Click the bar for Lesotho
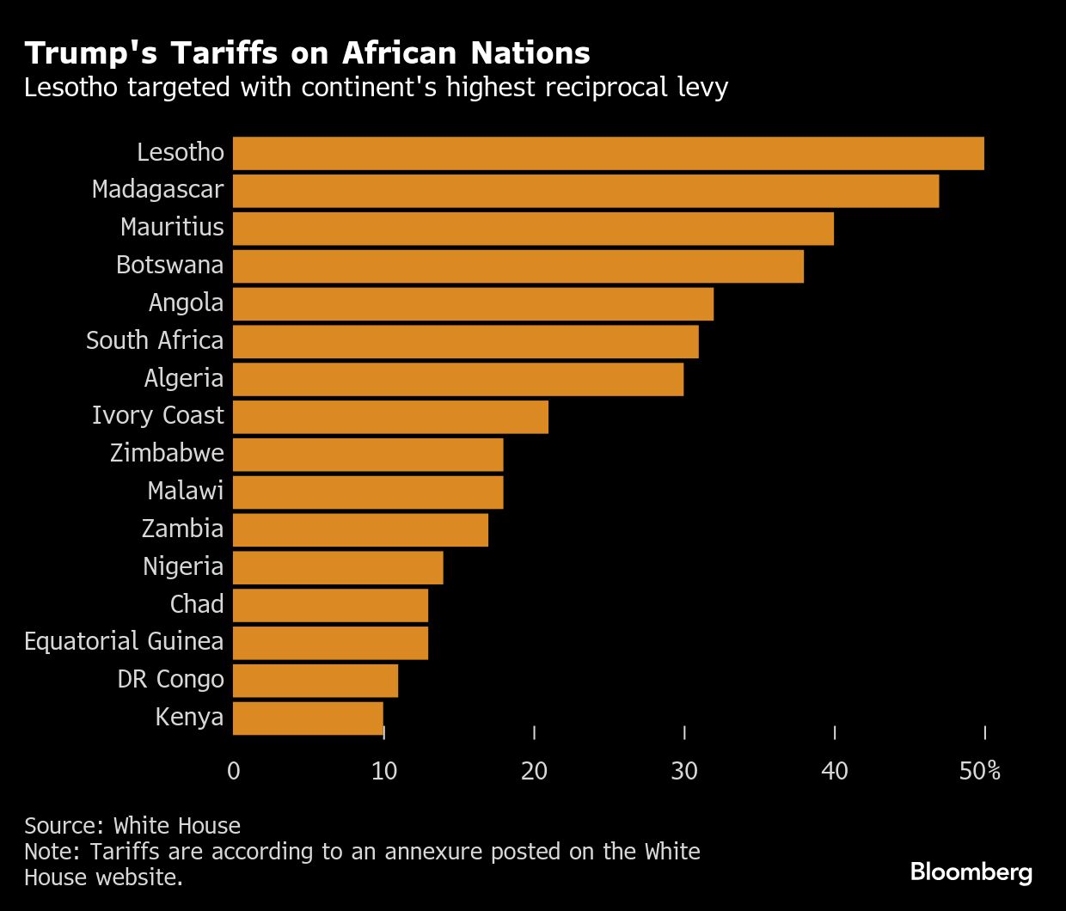pos(608,153)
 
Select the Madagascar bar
pos(585,191)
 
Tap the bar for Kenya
pos(308,718)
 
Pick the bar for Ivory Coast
pos(390,417)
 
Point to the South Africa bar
pos(465,341)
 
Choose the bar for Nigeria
pos(338,567)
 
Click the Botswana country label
pos(169,265)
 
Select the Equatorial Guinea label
pos(124,641)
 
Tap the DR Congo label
pos(170,679)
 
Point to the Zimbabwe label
pos(167,453)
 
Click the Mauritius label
pos(172,227)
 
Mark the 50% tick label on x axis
pos(980,771)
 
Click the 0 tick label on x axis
pos(234,771)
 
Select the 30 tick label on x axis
pos(684,771)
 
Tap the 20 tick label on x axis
pos(534,771)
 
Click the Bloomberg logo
pos(971,871)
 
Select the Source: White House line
pos(132,826)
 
